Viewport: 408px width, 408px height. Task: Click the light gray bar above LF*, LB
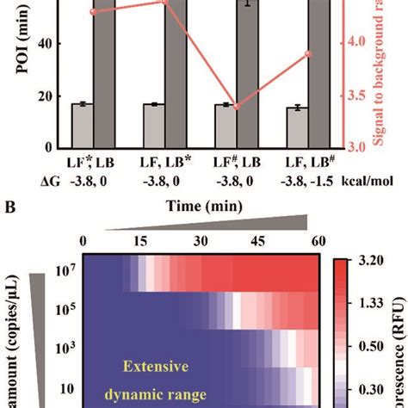click(x=82, y=124)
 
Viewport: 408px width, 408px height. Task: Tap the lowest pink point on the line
click(x=237, y=107)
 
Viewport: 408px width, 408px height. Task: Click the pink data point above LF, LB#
click(x=309, y=53)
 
